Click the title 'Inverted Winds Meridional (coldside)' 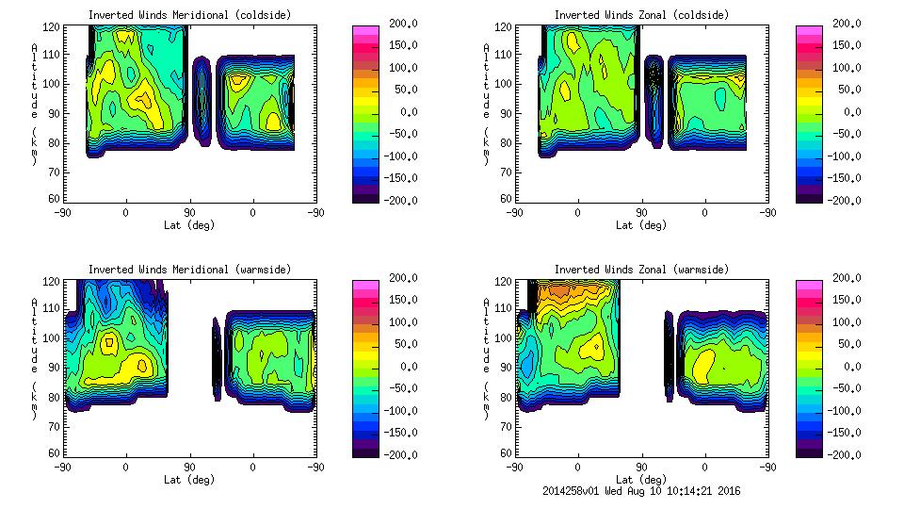click(189, 15)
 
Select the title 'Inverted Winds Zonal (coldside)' click(641, 15)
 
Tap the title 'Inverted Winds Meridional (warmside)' click(189, 270)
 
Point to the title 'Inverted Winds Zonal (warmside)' click(641, 270)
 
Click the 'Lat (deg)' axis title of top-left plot click(188, 225)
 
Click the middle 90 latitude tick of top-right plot click(641, 212)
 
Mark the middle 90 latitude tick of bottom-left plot click(189, 467)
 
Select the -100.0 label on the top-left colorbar click(395, 156)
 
